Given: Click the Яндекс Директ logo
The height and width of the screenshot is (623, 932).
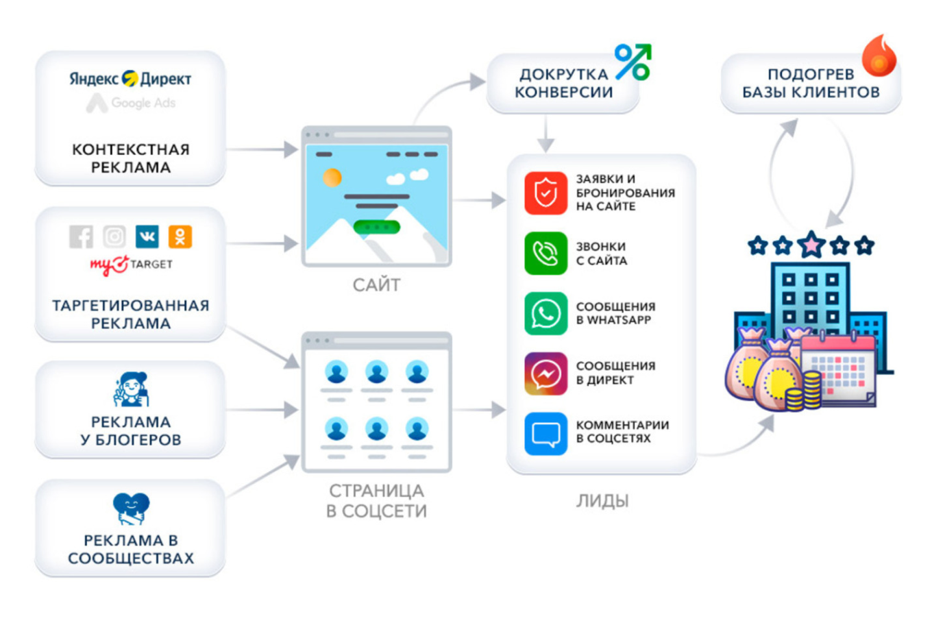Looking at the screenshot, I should click(130, 79).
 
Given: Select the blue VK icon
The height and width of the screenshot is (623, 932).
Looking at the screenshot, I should click(147, 236).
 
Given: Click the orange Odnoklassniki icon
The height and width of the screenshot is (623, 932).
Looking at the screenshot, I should click(180, 236).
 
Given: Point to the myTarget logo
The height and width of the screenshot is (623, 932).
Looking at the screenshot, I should click(131, 264).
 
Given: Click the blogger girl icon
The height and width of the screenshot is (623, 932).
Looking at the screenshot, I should click(131, 389).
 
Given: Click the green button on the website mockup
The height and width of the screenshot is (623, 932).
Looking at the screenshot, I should click(376, 227).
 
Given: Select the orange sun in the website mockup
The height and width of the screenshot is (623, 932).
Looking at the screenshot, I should click(332, 178).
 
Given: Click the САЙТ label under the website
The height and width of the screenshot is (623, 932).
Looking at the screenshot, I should click(376, 285).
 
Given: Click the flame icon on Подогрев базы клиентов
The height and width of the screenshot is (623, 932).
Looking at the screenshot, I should click(879, 56).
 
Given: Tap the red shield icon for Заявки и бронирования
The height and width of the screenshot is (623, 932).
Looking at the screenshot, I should click(545, 193).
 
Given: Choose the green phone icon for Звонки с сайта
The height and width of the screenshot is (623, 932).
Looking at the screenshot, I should click(545, 253).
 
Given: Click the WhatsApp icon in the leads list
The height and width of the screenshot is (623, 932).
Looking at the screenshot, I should click(545, 313).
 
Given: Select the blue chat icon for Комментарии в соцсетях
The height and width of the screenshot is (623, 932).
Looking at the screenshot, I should click(545, 433).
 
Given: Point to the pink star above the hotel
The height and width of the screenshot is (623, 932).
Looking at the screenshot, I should click(811, 244).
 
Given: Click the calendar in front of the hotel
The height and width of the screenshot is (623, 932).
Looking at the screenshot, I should click(837, 370).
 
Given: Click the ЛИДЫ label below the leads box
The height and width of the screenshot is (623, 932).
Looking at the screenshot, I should click(602, 501).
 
